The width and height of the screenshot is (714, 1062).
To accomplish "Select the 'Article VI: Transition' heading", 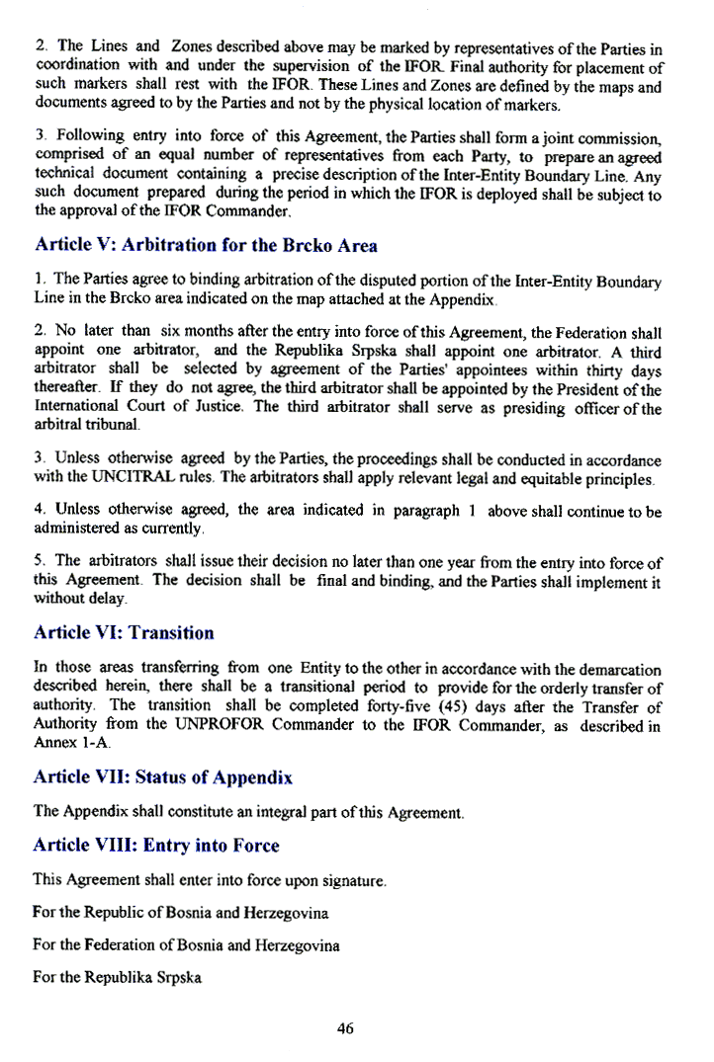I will click(124, 632).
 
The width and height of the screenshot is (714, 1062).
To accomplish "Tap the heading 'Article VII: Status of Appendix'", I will click(163, 777).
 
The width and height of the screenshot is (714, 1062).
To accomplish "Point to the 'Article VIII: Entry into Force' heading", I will click(156, 846).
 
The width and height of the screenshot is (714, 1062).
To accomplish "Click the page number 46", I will click(345, 1028).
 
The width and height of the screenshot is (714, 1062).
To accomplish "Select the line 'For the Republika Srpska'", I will click(118, 978).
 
